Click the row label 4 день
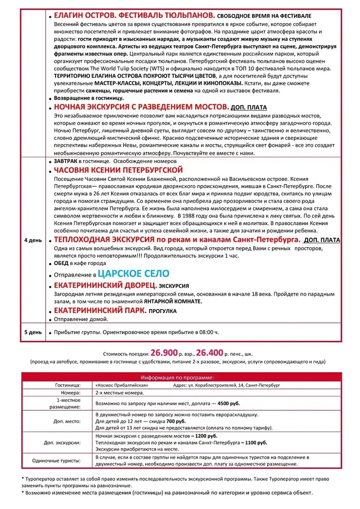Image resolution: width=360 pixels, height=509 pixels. click(32, 240)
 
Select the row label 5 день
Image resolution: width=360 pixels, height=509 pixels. click(32, 332)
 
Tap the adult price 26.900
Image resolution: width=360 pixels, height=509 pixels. click(165, 354)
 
